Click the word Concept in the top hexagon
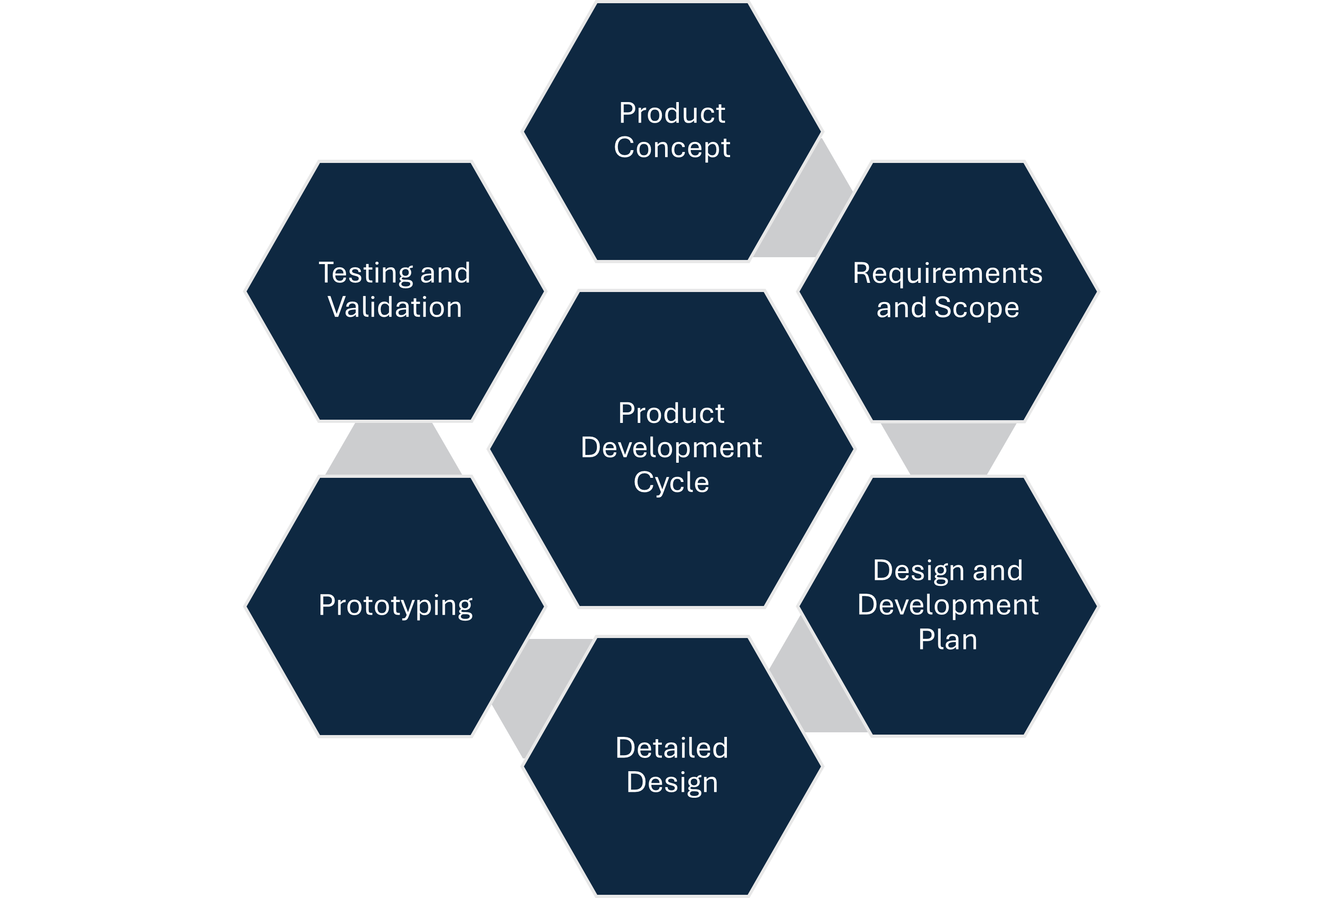coord(672,148)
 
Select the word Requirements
coord(947,273)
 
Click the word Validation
coord(395,308)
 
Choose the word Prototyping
coord(395,606)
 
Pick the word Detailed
coord(672,748)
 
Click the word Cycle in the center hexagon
coord(671,482)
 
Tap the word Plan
coord(948,640)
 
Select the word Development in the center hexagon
coord(671,448)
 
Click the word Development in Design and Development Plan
coord(948,606)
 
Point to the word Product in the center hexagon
coord(671,413)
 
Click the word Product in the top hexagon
coord(672,114)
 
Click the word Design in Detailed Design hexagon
coord(672,783)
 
